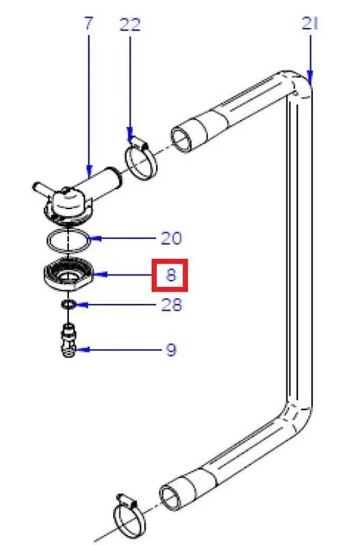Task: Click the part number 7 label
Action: (x=89, y=23)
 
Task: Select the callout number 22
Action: (x=130, y=25)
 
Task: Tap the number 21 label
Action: (x=310, y=23)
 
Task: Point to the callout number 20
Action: (x=171, y=238)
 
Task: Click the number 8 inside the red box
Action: (x=171, y=275)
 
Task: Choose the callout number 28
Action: (x=172, y=305)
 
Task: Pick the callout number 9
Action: (x=171, y=349)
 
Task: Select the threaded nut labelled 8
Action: (x=69, y=275)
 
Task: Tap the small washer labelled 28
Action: (x=68, y=305)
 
